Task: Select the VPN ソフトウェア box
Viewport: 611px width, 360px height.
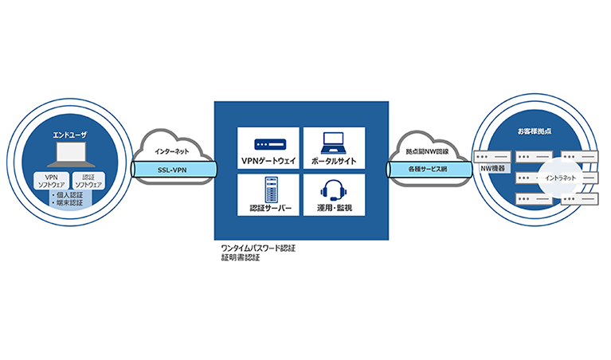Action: click(52, 181)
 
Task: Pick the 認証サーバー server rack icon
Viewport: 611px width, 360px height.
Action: click(268, 189)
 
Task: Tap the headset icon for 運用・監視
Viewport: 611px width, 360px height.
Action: click(334, 190)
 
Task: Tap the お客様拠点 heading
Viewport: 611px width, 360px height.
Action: click(532, 128)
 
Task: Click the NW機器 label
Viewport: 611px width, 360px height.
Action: click(491, 170)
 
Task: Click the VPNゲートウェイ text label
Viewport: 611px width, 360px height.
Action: click(268, 161)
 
